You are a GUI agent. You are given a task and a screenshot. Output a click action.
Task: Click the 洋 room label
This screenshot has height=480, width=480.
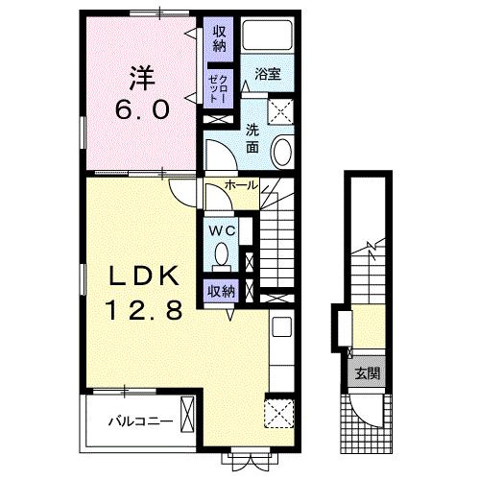[x=142, y=78]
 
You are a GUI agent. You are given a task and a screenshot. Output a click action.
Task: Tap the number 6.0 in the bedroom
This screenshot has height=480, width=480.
[x=142, y=109]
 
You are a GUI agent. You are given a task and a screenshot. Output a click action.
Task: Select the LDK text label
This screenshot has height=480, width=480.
[x=144, y=276]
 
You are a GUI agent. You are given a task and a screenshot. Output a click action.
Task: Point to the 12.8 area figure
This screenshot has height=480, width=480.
[x=145, y=310]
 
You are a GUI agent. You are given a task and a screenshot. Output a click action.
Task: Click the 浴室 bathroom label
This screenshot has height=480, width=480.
[x=268, y=74]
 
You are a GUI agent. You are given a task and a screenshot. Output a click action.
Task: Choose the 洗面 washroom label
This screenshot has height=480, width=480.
[x=252, y=138]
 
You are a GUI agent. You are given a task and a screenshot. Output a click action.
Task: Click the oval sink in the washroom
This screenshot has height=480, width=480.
[x=282, y=152]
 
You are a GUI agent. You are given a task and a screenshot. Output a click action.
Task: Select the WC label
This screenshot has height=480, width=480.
[x=223, y=230]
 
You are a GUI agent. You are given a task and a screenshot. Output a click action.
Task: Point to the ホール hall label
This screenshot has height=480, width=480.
[x=241, y=184]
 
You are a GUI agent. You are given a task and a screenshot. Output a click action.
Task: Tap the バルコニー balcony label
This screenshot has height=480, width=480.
[x=140, y=421]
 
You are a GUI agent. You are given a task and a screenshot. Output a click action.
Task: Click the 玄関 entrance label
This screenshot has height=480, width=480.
[x=368, y=373]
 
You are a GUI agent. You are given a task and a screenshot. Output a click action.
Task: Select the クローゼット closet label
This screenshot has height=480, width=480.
[x=218, y=88]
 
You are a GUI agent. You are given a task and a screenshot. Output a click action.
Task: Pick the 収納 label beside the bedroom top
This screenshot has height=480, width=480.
[x=220, y=38]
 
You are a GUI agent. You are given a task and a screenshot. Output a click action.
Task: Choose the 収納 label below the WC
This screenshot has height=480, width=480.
[x=221, y=291]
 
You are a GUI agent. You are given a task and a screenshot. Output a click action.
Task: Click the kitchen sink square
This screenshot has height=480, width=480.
[x=281, y=326]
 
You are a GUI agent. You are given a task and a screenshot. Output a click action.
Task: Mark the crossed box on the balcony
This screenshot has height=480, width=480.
[x=187, y=415]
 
